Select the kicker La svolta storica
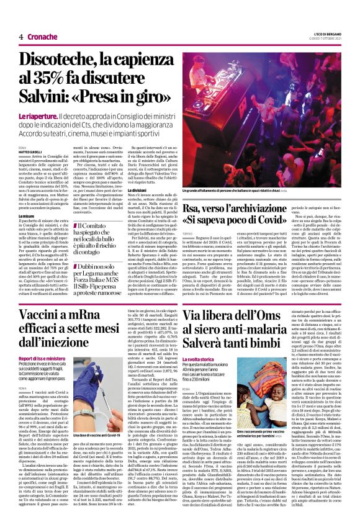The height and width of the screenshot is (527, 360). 196,359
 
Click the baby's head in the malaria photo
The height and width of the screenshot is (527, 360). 279,382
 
